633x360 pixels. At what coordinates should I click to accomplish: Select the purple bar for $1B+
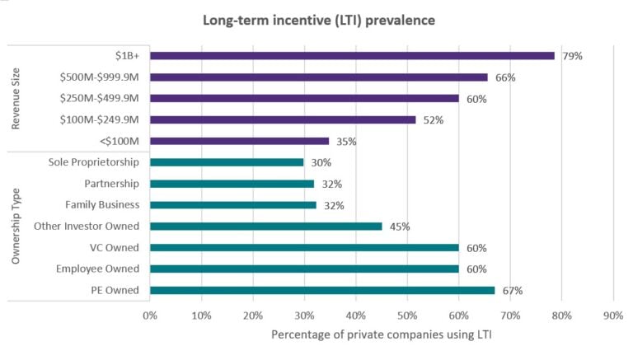[352, 56]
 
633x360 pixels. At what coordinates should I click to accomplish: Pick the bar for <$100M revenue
[239, 141]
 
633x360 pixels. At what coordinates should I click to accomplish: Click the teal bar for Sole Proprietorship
[227, 162]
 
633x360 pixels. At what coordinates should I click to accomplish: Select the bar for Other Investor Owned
[265, 226]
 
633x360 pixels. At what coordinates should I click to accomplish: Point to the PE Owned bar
[322, 290]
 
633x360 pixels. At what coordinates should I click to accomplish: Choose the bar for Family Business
[232, 204]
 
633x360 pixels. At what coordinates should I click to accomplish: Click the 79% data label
[572, 56]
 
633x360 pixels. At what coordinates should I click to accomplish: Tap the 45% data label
[399, 227]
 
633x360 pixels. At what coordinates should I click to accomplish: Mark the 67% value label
[512, 290]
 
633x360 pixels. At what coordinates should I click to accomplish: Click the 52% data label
[433, 120]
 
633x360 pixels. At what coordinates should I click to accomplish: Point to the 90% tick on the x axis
[612, 315]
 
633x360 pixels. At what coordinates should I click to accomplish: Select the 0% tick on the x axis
[150, 315]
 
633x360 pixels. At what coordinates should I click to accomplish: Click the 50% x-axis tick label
[407, 315]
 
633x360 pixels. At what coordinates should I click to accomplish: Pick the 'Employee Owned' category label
[97, 269]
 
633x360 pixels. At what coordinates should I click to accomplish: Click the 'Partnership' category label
[111, 184]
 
